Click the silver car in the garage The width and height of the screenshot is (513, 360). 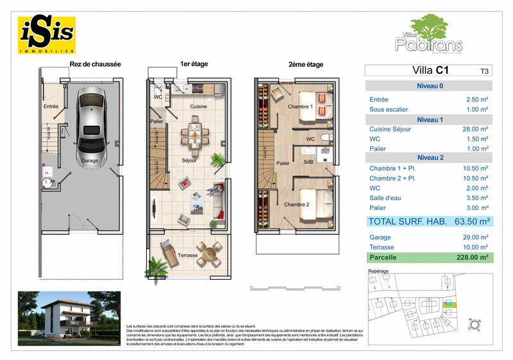click(x=90, y=127)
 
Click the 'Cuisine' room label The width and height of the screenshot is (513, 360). click(x=199, y=107)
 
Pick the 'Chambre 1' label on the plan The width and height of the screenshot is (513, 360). click(x=299, y=107)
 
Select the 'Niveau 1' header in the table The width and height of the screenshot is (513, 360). click(x=428, y=119)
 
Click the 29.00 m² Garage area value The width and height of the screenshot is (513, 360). click(x=476, y=236)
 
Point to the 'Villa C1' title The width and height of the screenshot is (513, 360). click(x=423, y=71)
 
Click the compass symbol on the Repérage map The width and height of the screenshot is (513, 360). click(x=475, y=324)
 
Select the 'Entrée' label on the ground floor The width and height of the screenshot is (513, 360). click(x=51, y=107)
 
